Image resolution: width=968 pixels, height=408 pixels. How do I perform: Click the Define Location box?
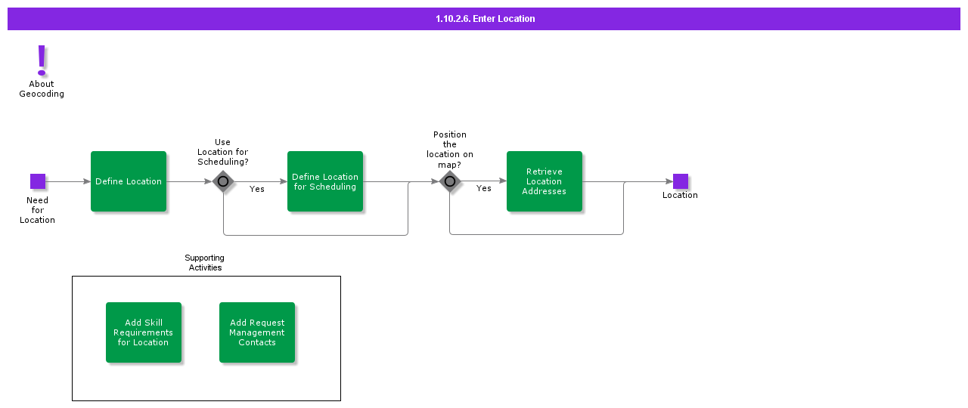coord(129,181)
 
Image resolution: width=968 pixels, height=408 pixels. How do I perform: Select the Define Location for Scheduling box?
coord(325,181)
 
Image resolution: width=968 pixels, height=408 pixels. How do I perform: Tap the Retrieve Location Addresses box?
coord(544,181)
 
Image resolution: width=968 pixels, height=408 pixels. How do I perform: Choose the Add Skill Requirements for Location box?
coord(144,332)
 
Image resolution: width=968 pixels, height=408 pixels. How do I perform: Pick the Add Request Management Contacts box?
coord(257,332)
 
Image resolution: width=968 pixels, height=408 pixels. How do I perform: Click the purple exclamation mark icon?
coord(42,60)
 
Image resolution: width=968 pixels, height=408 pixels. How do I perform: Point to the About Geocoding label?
coord(42,89)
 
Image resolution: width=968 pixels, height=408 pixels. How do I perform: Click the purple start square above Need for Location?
coord(38,181)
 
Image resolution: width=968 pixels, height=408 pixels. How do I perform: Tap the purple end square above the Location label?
coord(681,181)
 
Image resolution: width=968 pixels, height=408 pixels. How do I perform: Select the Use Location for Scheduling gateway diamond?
coord(223,181)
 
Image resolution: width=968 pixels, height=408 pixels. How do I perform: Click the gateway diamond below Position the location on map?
coord(450,181)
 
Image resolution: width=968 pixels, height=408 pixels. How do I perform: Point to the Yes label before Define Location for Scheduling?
coord(256,189)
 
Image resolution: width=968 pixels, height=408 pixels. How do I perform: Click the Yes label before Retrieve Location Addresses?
coord(483,188)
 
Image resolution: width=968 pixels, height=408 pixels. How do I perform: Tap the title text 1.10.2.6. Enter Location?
coord(485,19)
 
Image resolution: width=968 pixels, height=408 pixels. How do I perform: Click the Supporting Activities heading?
coord(205,262)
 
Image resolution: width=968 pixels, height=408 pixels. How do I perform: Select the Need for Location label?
coord(37,210)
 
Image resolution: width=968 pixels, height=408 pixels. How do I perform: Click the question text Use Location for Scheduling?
coord(222,152)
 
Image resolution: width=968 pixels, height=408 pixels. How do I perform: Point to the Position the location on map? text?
coord(449,150)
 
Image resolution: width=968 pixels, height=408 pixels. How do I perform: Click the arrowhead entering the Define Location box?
coord(87,181)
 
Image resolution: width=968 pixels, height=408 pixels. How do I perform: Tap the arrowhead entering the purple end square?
coord(669,181)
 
